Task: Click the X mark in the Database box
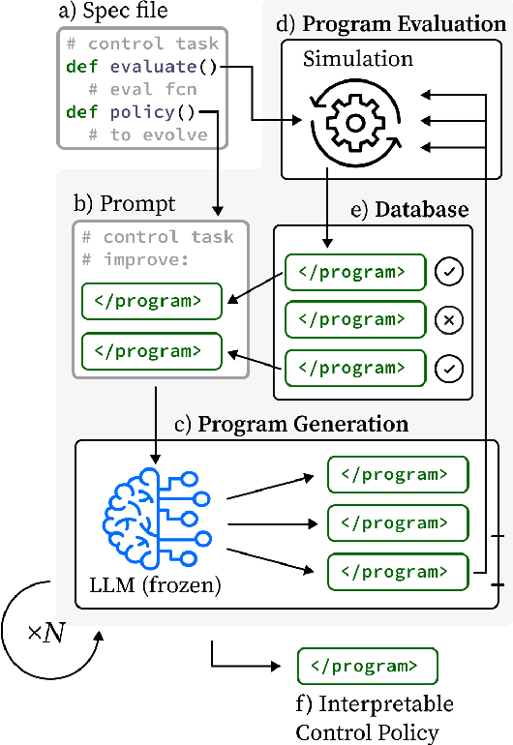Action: (x=449, y=318)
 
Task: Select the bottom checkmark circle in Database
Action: (x=449, y=368)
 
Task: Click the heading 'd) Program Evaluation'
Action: (x=390, y=23)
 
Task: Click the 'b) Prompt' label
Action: (x=124, y=204)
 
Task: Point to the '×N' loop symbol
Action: (x=46, y=634)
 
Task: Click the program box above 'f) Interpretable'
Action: (x=367, y=667)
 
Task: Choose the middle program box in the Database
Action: (x=354, y=319)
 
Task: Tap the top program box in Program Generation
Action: (x=397, y=475)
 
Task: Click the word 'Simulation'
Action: (x=357, y=59)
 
